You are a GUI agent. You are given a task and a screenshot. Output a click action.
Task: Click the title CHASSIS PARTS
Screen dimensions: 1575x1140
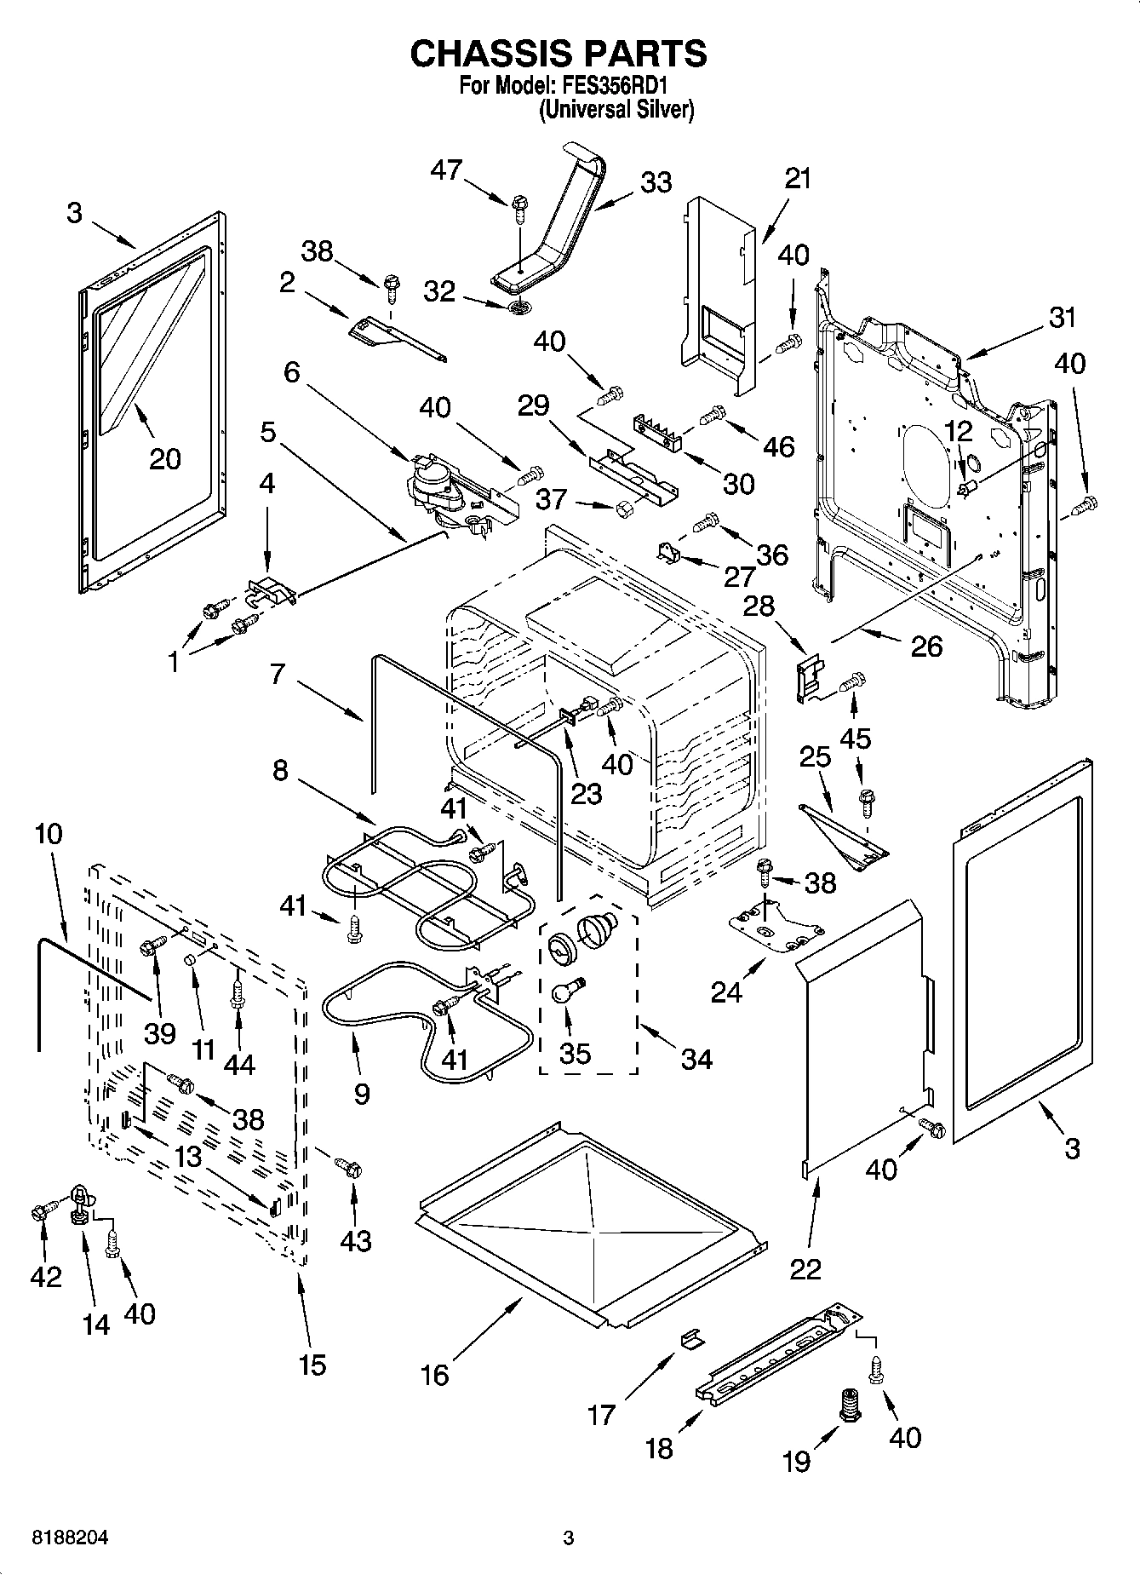[558, 53]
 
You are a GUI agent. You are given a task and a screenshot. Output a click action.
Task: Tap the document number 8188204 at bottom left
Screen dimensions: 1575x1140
[70, 1538]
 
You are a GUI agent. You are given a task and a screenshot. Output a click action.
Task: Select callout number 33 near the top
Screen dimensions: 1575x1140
[656, 182]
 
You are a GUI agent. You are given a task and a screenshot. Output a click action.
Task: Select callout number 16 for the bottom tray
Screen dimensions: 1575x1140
[435, 1374]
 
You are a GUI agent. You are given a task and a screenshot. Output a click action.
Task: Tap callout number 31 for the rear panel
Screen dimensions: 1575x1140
[1062, 318]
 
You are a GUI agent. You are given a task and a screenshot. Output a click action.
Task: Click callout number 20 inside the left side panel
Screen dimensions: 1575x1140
[165, 458]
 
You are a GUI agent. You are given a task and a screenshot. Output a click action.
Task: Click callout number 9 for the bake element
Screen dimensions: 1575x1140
[361, 1093]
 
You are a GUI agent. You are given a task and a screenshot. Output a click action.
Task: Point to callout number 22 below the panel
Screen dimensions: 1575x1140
[805, 1268]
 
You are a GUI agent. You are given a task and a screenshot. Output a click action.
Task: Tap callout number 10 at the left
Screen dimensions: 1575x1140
[49, 833]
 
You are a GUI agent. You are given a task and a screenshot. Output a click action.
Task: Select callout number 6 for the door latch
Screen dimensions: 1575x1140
[292, 372]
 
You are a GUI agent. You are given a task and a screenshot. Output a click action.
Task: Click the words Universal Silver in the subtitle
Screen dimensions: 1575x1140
[616, 110]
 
